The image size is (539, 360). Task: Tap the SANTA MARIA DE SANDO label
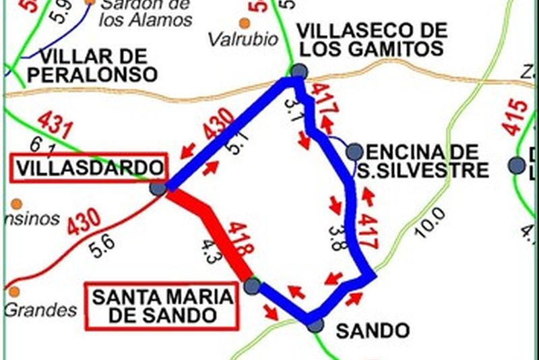click(162, 305)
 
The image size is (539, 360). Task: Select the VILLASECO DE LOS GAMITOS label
click(372, 39)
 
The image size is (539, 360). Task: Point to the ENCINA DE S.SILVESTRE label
click(422, 160)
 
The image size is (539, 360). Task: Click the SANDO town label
click(373, 331)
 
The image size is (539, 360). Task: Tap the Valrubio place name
click(243, 39)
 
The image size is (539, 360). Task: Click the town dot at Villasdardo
click(158, 189)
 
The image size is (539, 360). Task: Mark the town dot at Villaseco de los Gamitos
click(298, 71)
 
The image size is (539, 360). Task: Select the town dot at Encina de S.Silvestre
click(354, 152)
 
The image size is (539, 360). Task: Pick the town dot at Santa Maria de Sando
click(252, 286)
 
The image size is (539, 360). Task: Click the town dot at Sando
click(315, 326)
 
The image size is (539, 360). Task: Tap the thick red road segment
click(209, 229)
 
